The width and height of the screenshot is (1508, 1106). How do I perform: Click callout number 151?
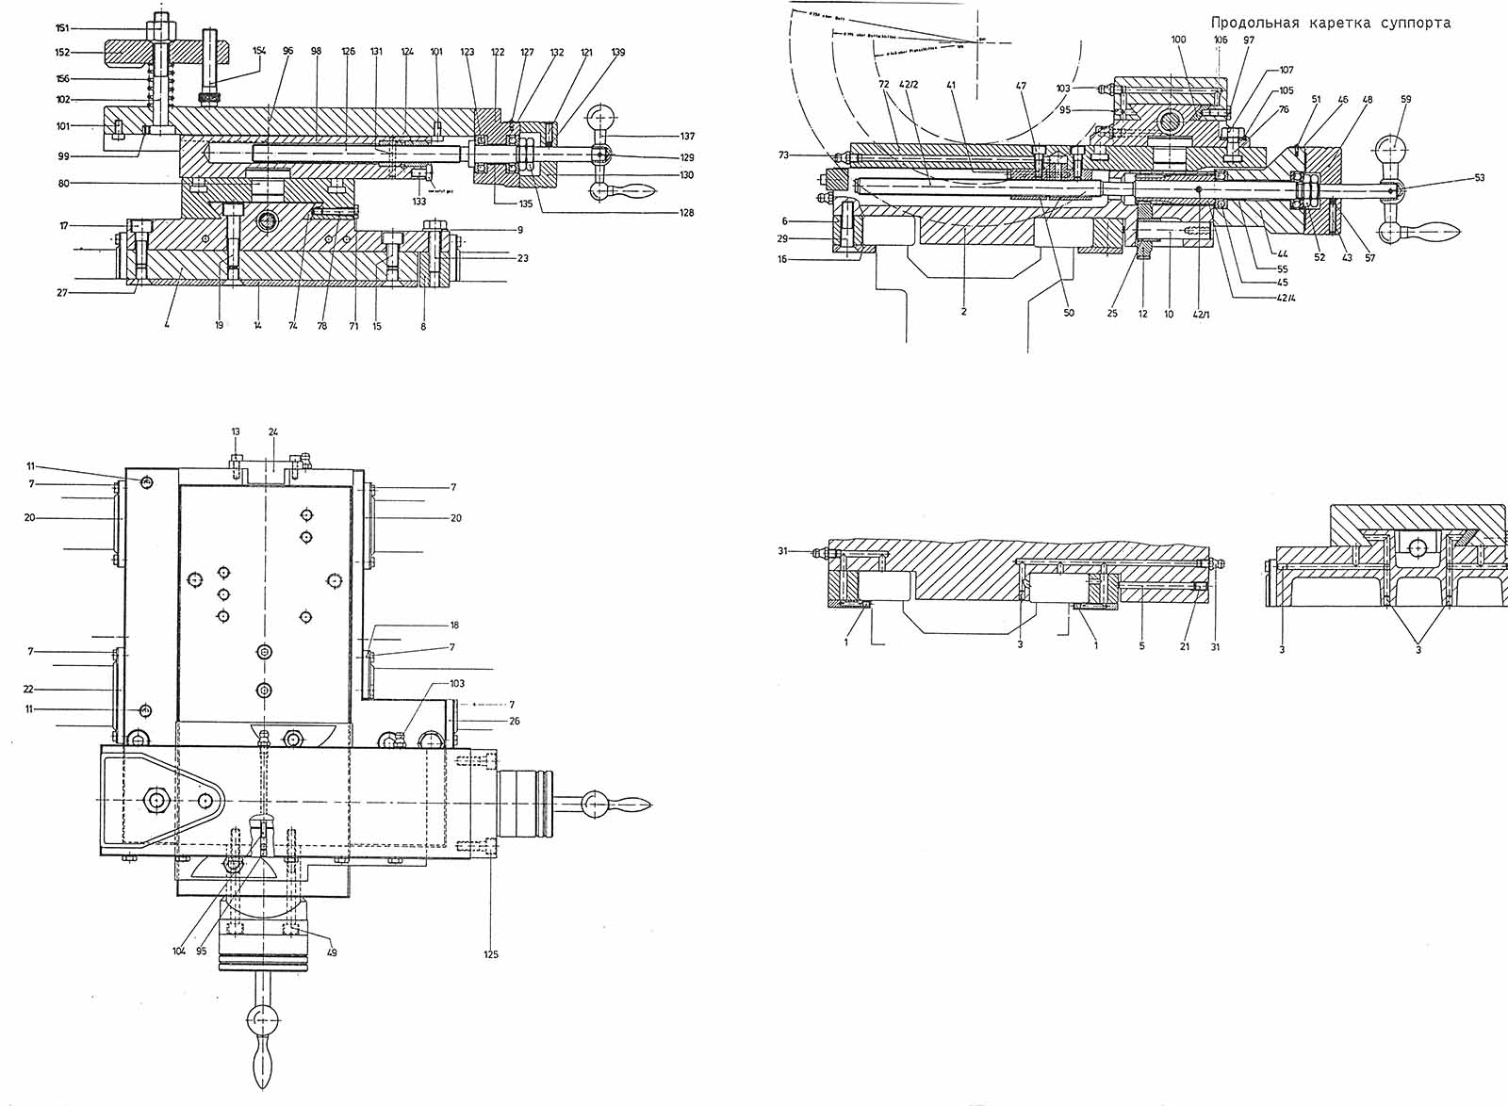(x=62, y=28)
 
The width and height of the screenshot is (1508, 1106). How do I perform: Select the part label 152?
(x=62, y=53)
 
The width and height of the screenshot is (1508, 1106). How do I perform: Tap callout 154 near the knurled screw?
(x=259, y=50)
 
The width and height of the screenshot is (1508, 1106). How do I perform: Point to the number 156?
(x=62, y=79)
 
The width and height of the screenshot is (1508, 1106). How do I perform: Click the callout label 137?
(x=686, y=138)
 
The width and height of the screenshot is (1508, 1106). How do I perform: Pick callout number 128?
(x=686, y=213)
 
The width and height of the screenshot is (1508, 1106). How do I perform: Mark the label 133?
(x=419, y=202)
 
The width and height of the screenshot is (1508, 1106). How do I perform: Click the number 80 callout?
(x=64, y=183)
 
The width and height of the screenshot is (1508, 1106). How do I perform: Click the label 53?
(x=1479, y=178)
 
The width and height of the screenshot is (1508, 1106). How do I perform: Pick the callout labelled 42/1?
(x=1198, y=314)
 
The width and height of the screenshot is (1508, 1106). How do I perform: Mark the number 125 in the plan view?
(x=491, y=954)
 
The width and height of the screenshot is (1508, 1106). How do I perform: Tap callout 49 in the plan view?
(x=333, y=951)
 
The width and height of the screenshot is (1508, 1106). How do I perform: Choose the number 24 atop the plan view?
(x=272, y=432)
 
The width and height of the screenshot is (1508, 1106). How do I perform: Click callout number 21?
(x=1185, y=647)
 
